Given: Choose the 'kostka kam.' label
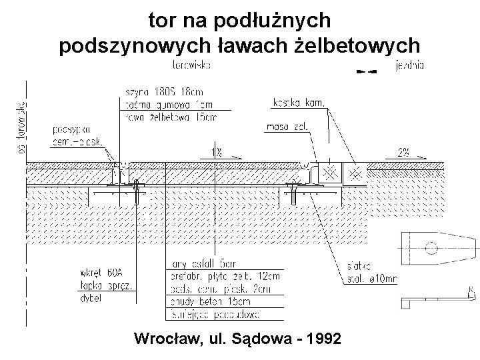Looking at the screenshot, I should point(299,103).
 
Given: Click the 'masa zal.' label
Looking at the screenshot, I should point(287,125).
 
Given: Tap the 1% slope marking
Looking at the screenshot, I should point(217,153).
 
